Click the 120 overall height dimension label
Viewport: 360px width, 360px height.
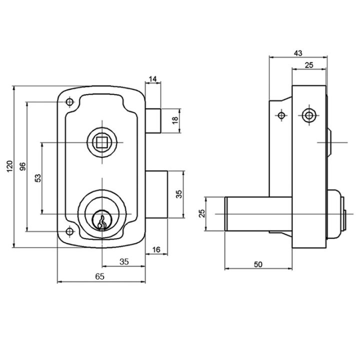click(x=9, y=166)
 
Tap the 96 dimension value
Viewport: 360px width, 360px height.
click(x=23, y=166)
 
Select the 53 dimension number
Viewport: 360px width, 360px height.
click(x=38, y=178)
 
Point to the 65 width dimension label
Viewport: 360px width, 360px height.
click(x=99, y=276)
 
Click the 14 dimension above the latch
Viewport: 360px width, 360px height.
click(x=152, y=79)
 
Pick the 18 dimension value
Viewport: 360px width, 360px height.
click(x=175, y=120)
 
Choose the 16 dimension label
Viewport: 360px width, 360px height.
click(x=156, y=249)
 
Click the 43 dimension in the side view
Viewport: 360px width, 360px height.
click(x=298, y=53)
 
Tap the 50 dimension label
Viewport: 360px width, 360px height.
click(x=258, y=264)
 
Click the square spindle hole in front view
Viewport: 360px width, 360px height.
click(x=100, y=142)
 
